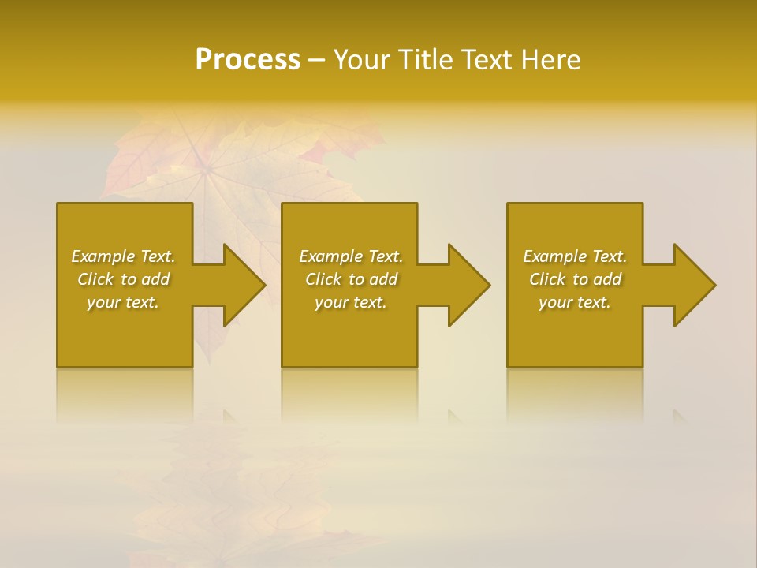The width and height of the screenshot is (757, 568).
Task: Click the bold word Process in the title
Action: (x=248, y=60)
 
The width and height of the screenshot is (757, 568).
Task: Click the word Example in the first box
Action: (x=103, y=256)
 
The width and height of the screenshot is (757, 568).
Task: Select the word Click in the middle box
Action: (x=323, y=279)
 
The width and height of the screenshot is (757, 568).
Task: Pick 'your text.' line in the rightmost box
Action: (x=574, y=302)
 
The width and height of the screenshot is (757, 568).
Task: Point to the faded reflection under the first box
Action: (x=125, y=394)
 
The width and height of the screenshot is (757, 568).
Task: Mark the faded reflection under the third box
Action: (x=574, y=394)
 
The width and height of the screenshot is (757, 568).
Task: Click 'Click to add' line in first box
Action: (x=123, y=279)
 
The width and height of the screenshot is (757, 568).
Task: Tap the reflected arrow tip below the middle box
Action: (x=454, y=413)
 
